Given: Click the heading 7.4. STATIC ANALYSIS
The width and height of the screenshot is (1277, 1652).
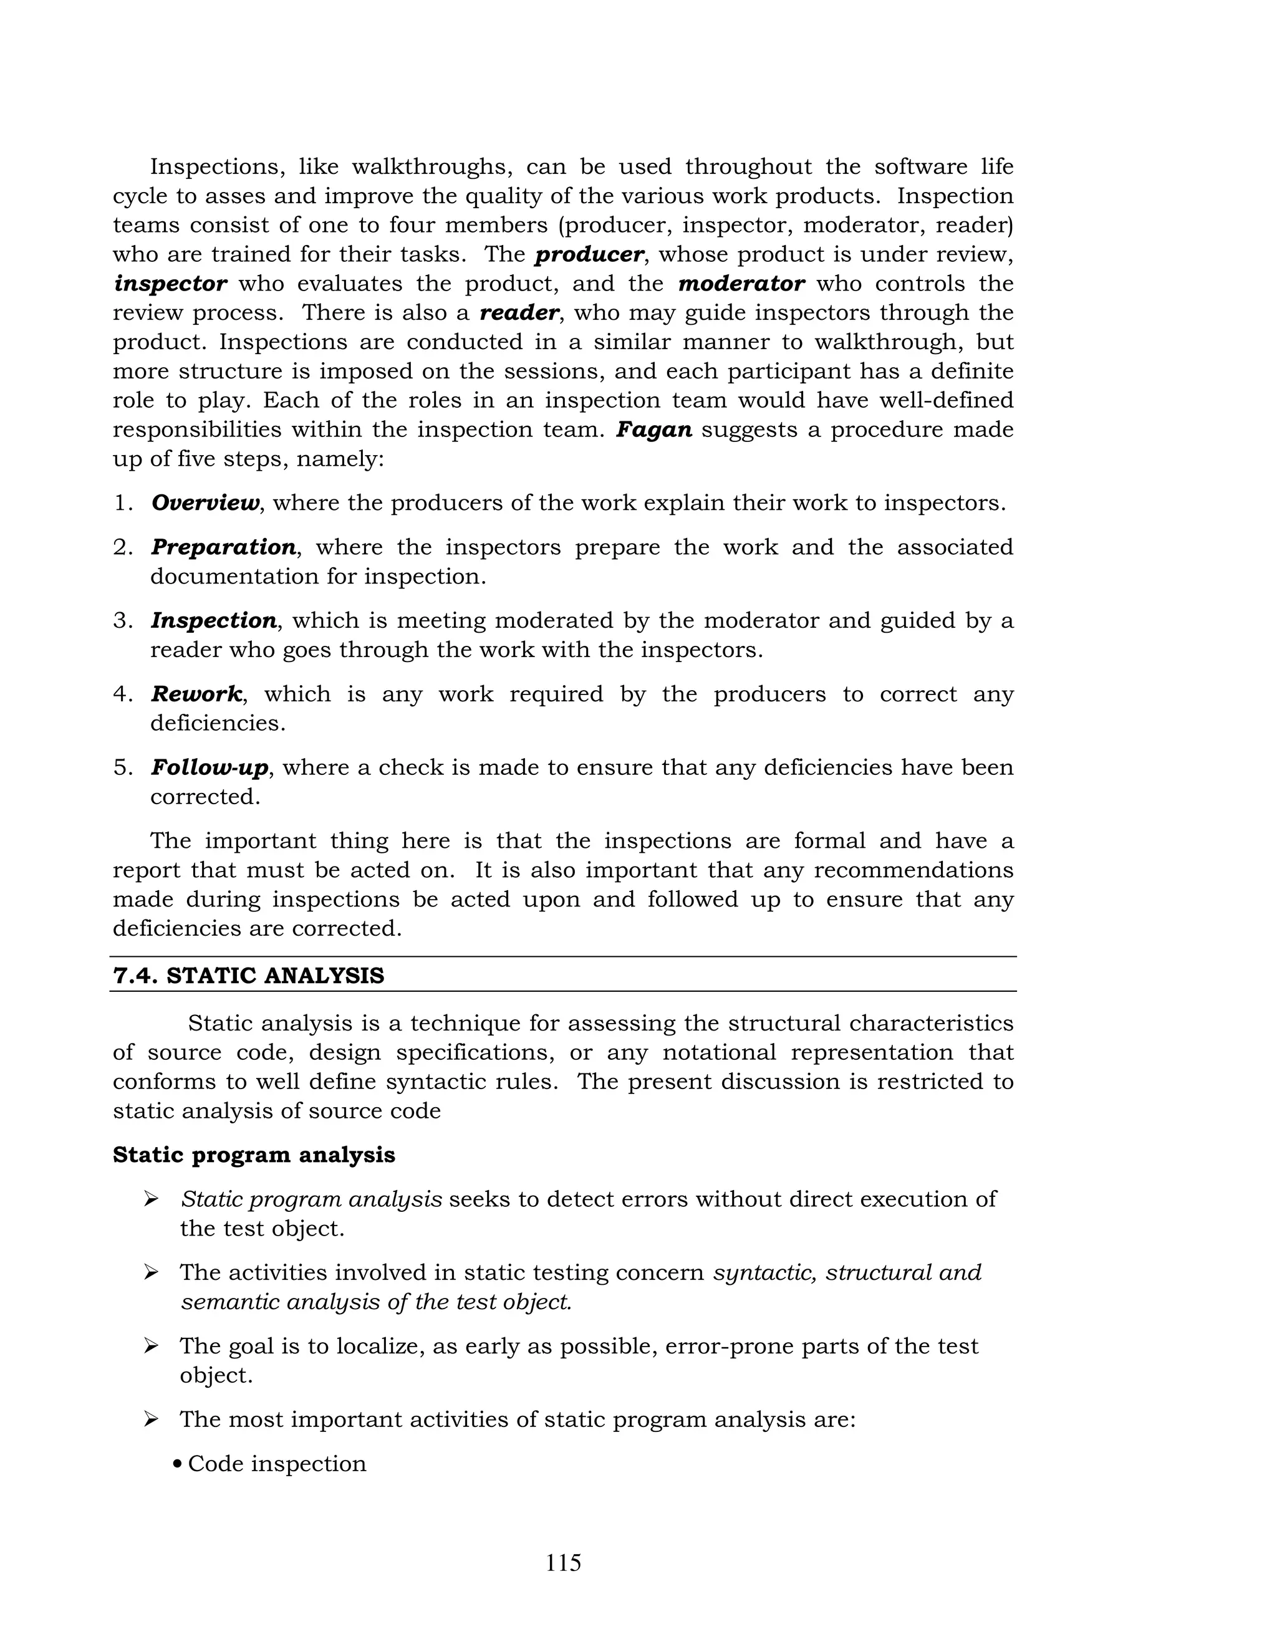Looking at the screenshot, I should click(248, 976).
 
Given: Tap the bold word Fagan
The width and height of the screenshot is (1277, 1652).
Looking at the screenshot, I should click(653, 430).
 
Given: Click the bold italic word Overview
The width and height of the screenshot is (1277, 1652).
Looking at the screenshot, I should click(205, 503).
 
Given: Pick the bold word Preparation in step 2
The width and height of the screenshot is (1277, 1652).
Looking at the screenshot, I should click(223, 547).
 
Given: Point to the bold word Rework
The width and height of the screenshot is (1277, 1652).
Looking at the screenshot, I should click(196, 694).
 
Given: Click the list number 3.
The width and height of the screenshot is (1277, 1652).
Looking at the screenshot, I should click(123, 621).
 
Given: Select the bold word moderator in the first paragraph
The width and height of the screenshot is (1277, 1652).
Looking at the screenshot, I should click(741, 284).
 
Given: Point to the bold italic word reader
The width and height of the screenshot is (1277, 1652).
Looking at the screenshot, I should click(519, 313).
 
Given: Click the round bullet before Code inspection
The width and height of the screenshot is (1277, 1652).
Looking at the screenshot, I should click(177, 1464).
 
